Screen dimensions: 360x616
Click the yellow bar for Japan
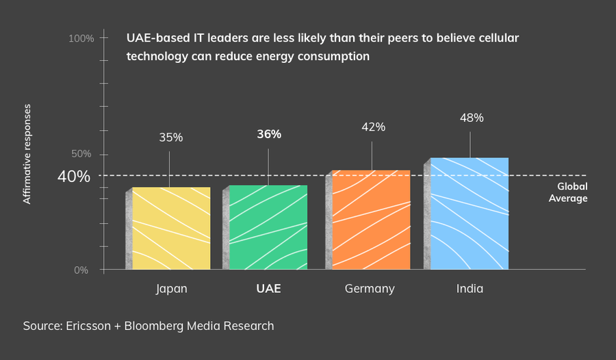171,228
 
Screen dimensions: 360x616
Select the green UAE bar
268,227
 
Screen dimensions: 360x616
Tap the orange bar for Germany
372,220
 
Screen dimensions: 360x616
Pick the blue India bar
470,214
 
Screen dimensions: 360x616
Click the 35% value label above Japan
171,138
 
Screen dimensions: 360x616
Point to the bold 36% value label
269,134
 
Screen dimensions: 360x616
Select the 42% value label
373,127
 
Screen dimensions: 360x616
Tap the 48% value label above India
472,118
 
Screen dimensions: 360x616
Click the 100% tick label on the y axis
81,38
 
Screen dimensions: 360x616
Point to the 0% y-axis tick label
81,270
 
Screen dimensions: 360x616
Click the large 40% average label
74,177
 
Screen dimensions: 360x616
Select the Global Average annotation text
568,192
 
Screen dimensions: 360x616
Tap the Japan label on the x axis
171,289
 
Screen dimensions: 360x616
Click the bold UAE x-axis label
268,289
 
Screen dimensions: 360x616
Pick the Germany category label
370,289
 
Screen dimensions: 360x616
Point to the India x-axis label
470,289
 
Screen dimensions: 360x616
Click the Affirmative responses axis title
27,154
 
